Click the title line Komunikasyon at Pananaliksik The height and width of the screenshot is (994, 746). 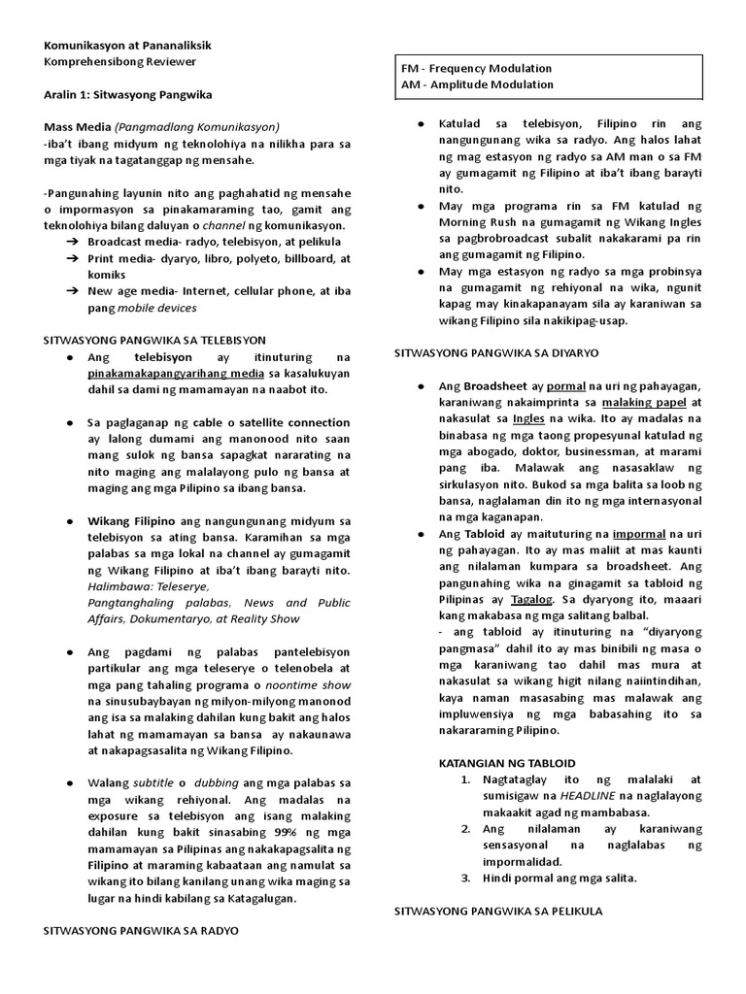tap(127, 46)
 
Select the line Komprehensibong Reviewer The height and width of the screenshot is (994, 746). tap(119, 61)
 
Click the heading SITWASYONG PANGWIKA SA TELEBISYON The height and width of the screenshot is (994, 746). tap(154, 341)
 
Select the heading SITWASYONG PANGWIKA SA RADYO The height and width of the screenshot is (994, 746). tap(141, 930)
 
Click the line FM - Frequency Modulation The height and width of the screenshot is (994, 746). tap(476, 69)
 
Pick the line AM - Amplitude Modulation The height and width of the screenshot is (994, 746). tap(476, 84)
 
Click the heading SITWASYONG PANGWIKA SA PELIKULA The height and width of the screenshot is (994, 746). tap(496, 911)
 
